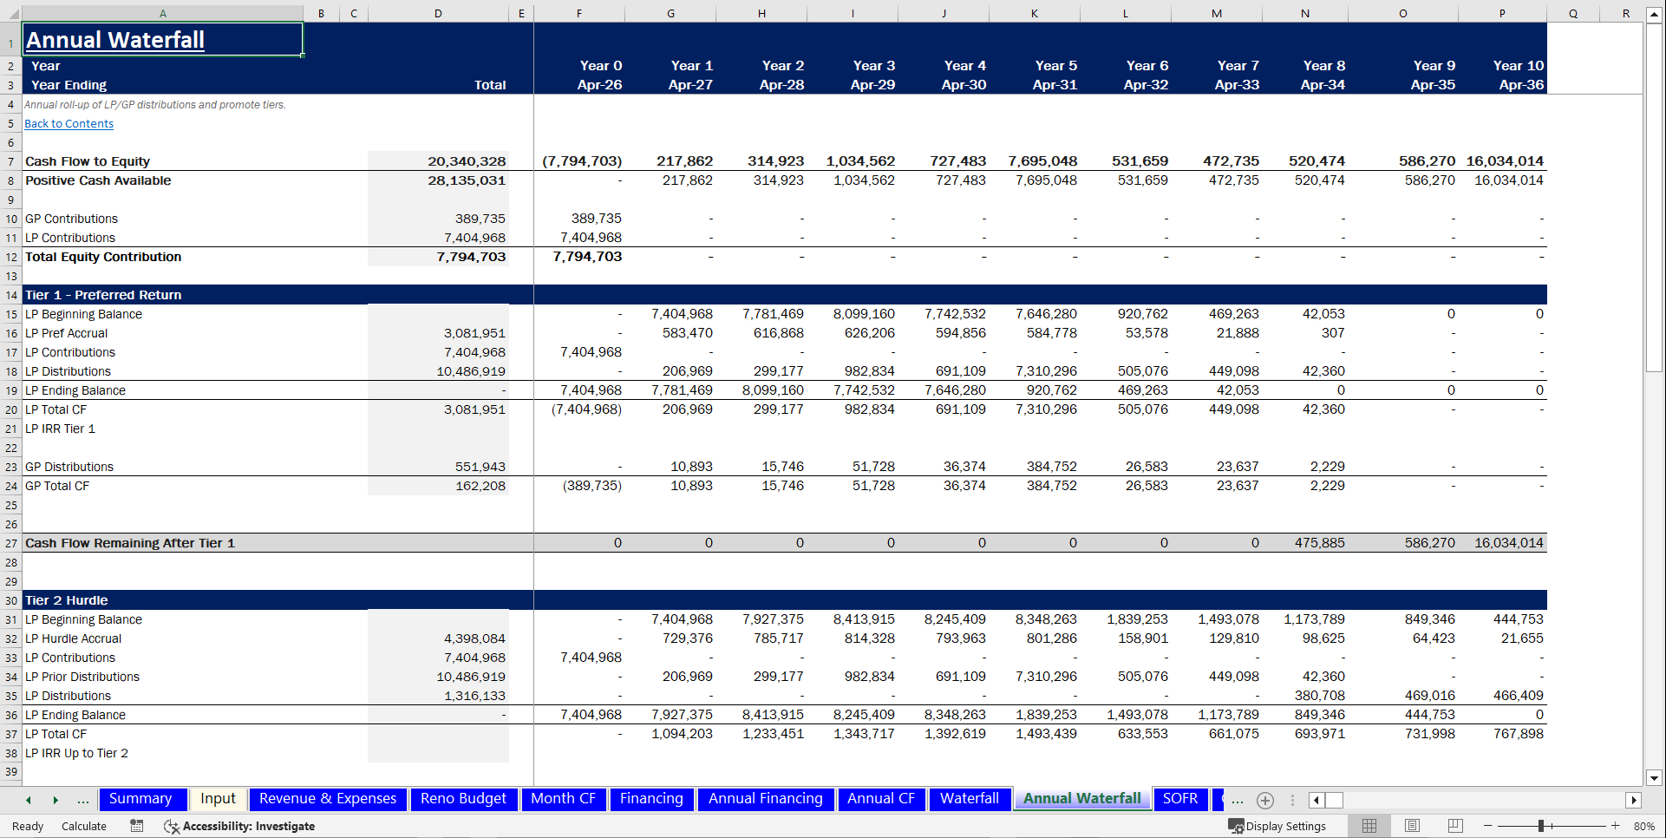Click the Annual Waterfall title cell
115,40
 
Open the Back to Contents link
69,124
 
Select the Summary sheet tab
140,799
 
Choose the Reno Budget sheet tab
463,799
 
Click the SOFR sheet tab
1179,799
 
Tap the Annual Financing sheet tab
765,799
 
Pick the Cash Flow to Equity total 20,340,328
467,161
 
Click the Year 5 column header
1055,66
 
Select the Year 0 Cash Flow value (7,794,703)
582,161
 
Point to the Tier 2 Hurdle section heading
67,600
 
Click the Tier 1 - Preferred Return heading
103,295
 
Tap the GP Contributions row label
71,219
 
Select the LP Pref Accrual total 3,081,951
474,333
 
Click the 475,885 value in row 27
1319,543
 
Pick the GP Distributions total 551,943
480,467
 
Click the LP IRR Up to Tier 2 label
76,753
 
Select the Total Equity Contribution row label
103,257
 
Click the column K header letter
1035,13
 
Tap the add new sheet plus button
1265,800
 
